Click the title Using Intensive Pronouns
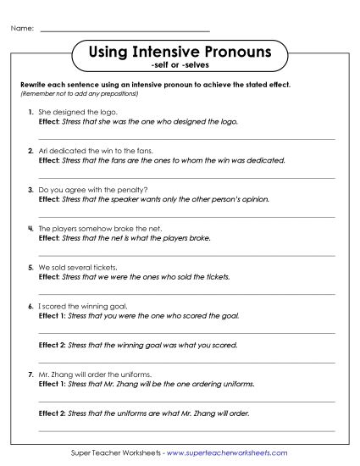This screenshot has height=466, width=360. click(180, 53)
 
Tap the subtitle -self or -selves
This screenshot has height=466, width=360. click(180, 65)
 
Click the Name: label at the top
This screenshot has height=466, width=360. click(22, 29)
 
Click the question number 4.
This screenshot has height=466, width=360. click(30, 229)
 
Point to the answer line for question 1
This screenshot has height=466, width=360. click(187, 137)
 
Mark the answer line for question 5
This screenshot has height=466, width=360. click(187, 292)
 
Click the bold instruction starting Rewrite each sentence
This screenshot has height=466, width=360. click(155, 86)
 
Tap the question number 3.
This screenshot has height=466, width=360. click(30, 190)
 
